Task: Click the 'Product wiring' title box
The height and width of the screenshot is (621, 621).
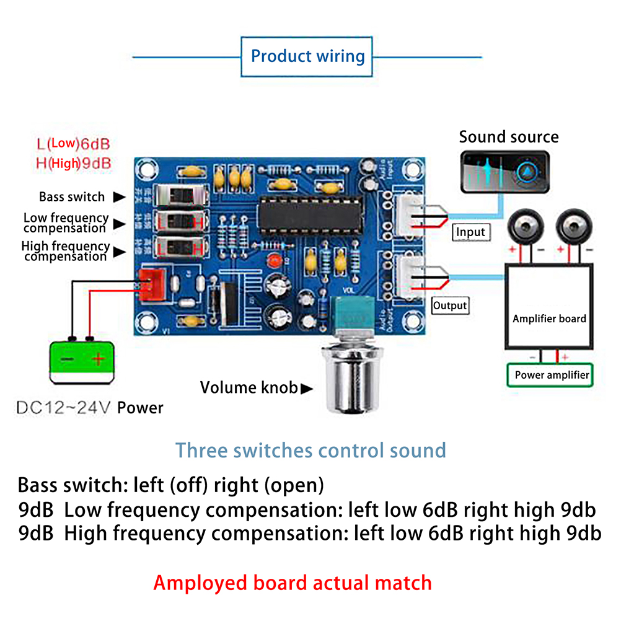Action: click(307, 56)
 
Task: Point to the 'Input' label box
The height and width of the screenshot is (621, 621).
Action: click(470, 232)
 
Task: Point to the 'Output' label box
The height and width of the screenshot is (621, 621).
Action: click(450, 306)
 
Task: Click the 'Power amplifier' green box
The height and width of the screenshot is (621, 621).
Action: click(551, 375)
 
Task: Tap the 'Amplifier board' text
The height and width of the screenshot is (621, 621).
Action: click(549, 319)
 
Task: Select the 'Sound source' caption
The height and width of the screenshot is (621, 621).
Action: click(508, 137)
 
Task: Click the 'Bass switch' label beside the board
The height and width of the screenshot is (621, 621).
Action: click(72, 197)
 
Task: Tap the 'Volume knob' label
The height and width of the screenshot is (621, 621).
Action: click(249, 388)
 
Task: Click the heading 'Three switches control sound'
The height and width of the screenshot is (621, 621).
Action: click(310, 449)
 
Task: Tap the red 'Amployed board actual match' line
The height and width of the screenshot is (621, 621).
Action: click(293, 583)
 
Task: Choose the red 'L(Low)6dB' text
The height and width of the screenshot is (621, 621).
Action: click(73, 144)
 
